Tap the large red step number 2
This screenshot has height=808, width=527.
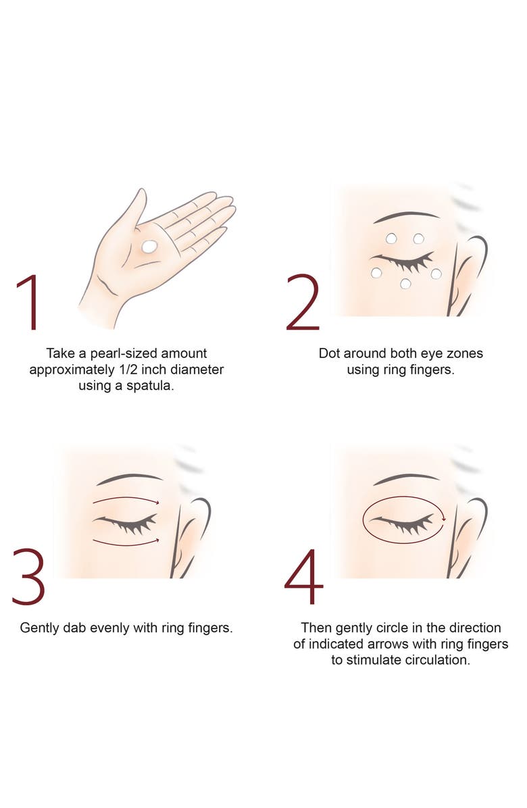point(303,303)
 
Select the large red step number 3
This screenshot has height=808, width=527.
point(29,577)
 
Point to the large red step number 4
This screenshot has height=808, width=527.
point(304,577)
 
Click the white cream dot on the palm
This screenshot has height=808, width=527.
point(149,247)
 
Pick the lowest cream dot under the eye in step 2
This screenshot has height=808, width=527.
point(405,284)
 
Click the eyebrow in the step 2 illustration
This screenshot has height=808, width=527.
point(406,216)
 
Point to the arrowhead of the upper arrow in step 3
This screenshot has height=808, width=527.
point(157,503)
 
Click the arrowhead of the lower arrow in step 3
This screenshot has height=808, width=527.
point(157,540)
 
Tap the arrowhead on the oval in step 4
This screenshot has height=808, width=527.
point(443,520)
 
